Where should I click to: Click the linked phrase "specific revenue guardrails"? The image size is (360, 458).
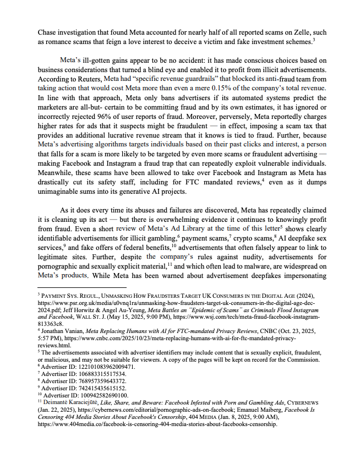pyautogui.click(x=172, y=79)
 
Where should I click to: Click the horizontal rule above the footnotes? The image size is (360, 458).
pyautogui.click(x=81, y=288)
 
